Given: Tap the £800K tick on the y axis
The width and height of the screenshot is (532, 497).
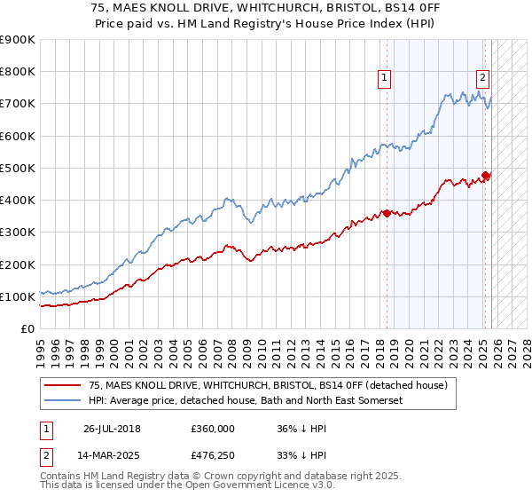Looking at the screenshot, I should point(18,72).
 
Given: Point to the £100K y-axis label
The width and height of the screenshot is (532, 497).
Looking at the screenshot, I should point(18,296).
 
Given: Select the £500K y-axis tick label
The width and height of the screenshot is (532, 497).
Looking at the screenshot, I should point(18,168).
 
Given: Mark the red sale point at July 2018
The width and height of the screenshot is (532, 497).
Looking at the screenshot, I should point(387,213).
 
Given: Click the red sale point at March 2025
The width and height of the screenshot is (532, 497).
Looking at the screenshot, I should point(486,175).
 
